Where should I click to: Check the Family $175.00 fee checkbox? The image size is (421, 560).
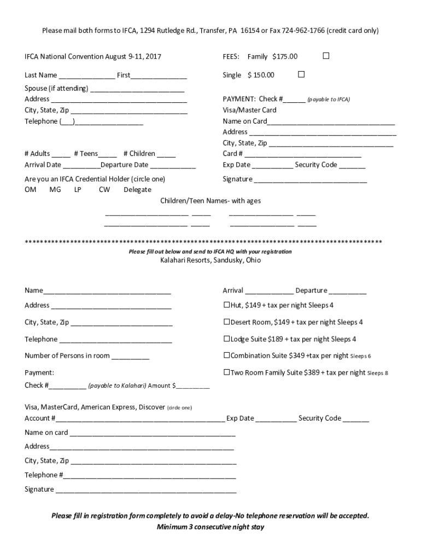point(326,56)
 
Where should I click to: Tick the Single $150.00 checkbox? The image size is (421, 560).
point(301,74)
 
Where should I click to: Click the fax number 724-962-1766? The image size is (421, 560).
point(302,31)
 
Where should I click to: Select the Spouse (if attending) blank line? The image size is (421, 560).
point(137,89)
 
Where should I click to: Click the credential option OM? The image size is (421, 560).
point(31,189)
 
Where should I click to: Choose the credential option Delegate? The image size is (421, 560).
point(137,189)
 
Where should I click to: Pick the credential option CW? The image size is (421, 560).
point(104,189)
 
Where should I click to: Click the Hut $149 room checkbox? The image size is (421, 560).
point(226,305)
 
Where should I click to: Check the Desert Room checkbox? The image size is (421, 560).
point(226,322)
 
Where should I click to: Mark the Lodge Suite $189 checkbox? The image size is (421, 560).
point(226,339)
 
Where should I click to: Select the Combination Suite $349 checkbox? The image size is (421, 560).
point(226,355)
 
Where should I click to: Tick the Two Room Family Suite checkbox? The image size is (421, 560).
point(226,372)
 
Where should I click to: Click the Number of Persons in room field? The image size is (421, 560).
point(130,357)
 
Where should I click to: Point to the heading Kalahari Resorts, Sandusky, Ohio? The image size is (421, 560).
point(210,260)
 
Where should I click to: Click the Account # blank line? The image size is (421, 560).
point(140,419)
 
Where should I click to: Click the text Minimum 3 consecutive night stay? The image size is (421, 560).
point(210,527)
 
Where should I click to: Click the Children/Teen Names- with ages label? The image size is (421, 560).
point(210,201)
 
